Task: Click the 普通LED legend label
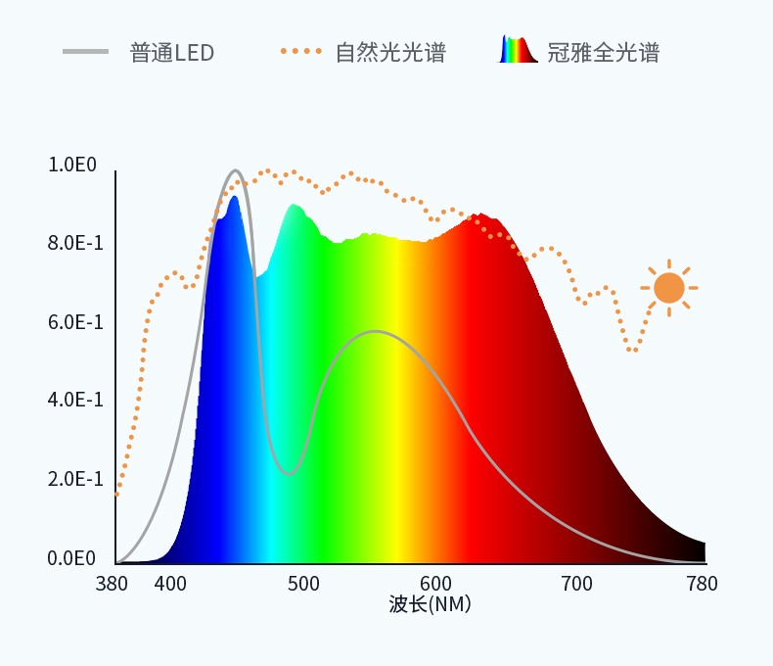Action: point(171,52)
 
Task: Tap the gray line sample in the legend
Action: point(86,51)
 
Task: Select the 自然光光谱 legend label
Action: point(390,52)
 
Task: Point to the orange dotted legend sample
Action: point(300,51)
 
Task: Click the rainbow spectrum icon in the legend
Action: point(519,50)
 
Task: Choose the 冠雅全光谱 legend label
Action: point(603,52)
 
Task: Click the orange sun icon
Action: point(669,288)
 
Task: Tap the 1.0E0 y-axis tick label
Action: point(72,165)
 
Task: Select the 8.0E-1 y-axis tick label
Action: point(75,243)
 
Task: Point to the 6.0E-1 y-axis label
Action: point(75,322)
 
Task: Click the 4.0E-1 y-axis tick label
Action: point(75,401)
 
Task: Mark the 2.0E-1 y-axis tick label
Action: point(75,479)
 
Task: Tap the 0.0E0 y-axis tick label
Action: point(72,558)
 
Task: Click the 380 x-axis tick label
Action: point(112,584)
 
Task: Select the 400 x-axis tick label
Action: point(170,584)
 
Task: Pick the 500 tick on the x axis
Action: point(304,584)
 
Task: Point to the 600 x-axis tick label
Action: point(436,584)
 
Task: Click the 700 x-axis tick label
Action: point(575,584)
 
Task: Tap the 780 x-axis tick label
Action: point(702,584)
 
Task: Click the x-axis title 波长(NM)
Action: point(430,604)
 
